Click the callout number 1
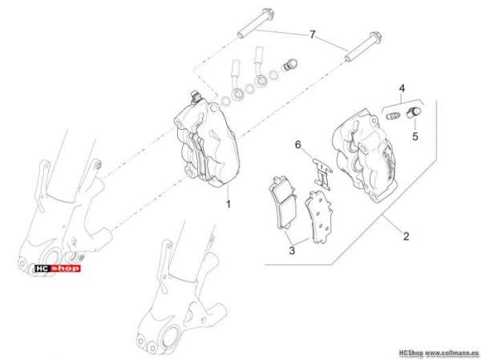point(228,204)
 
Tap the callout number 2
point(406,237)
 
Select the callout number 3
point(292,250)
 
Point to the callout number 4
point(402,89)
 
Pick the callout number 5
point(415,136)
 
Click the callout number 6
point(298,144)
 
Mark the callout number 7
point(313,34)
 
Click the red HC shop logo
point(58,269)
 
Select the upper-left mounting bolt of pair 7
point(256,22)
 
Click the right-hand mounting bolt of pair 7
point(363,47)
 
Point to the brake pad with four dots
point(319,216)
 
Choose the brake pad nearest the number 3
point(283,203)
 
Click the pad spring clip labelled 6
point(322,172)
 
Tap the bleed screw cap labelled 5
point(413,112)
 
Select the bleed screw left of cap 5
point(393,115)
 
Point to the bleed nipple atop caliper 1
point(194,96)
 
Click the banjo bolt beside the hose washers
point(289,64)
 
